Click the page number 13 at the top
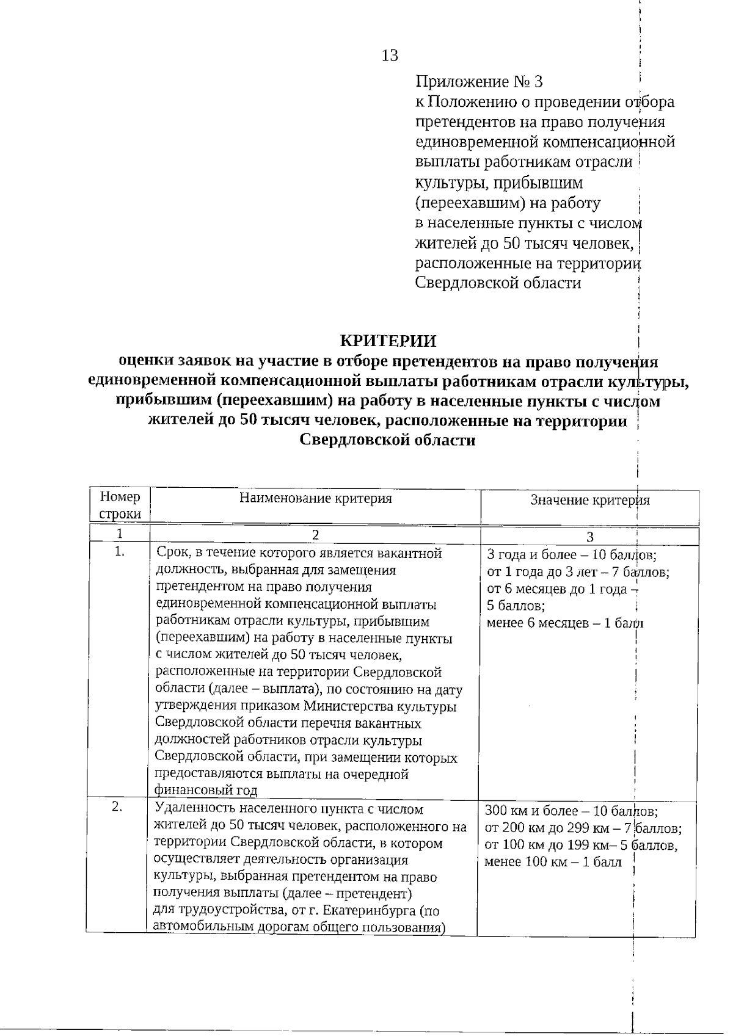pos(390,56)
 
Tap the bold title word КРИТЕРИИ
pos(388,340)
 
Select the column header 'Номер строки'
pos(120,505)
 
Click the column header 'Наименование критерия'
pos(315,498)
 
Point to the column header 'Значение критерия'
pos(589,501)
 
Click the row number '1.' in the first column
pos(120,551)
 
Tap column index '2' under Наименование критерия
pos(315,535)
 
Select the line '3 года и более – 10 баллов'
pos(571,556)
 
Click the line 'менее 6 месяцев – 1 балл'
pos(565,623)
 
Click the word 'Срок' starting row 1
pos(172,554)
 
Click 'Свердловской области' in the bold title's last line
pos(388,440)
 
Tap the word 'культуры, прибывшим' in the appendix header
pos(498,183)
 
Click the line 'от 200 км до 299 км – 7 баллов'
pos(583,828)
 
